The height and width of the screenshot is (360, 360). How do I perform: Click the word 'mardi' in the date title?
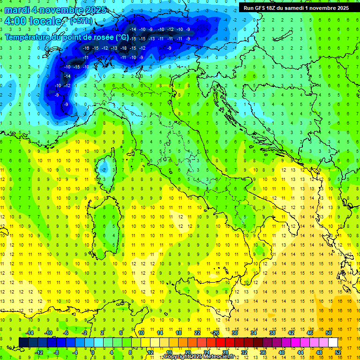click(15, 10)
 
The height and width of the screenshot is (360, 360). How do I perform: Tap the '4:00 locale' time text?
click(33, 21)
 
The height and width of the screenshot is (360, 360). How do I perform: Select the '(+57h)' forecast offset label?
click(81, 21)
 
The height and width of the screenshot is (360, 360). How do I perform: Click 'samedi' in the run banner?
click(297, 7)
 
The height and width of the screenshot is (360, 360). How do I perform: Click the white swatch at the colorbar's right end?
click(333, 342)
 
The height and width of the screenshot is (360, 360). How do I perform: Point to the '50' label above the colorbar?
click(328, 333)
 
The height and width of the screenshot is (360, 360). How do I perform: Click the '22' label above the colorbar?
click(197, 333)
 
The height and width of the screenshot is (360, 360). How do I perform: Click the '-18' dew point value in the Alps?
click(124, 48)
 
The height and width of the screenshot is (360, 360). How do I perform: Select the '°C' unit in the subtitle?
click(122, 37)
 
